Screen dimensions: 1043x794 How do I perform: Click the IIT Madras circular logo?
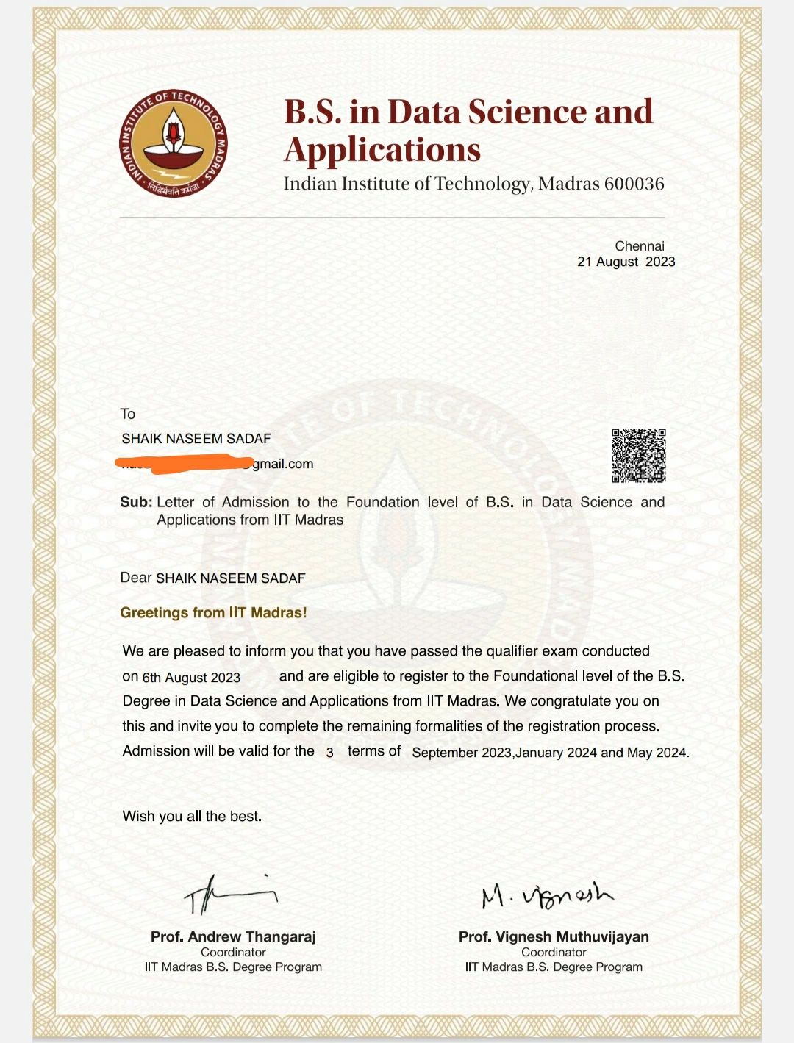coord(174,144)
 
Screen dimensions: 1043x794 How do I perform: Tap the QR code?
coord(638,456)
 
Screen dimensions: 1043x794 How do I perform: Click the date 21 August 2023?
coord(626,262)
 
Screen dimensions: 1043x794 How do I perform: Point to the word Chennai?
coord(640,246)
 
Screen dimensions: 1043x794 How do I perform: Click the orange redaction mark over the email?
coord(184,462)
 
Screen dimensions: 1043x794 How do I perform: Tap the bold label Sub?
coord(136,502)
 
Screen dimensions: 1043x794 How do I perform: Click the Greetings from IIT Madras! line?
coord(213,612)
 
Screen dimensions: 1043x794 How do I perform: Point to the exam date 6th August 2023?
coord(191,678)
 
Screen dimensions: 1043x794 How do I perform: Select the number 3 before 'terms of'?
coord(330,753)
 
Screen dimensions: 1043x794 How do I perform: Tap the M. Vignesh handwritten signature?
coord(547,895)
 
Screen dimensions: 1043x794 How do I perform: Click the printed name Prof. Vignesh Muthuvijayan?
coord(554,936)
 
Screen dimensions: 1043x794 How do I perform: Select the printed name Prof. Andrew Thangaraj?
coord(233,936)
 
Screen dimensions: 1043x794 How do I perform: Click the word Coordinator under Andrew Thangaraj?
coord(233,952)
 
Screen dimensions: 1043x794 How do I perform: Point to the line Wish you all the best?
coord(192,816)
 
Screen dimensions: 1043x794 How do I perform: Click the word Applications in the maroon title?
coord(382,149)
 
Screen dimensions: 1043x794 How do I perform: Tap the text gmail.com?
coord(283,464)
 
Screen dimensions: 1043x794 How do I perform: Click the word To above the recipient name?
coord(128,414)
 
